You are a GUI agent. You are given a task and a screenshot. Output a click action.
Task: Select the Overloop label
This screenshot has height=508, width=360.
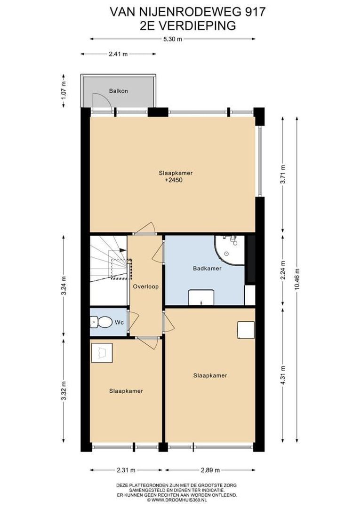[145, 286]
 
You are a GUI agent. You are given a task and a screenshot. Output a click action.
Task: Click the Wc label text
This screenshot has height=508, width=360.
[119, 323]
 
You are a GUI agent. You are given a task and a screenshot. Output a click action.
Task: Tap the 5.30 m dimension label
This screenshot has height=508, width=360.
[172, 40]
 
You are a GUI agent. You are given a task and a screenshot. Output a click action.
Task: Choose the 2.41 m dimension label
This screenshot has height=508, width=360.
[118, 54]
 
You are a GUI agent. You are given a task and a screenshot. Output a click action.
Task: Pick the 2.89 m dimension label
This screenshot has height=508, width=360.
[209, 470]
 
